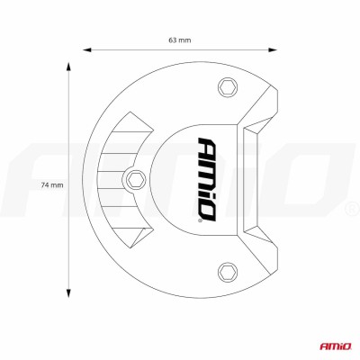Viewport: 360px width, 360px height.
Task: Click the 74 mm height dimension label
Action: [52, 184]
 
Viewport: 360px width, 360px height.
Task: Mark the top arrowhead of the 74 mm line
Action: [70, 64]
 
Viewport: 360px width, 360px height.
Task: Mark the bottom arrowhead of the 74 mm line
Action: [70, 297]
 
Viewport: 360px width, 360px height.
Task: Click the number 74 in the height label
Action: [47, 184]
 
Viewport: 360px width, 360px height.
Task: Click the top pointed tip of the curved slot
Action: [131, 117]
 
